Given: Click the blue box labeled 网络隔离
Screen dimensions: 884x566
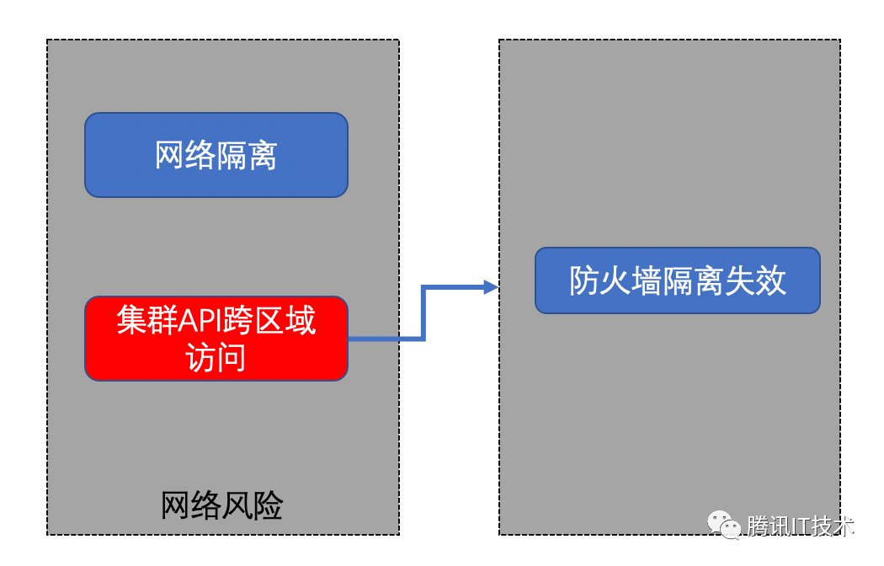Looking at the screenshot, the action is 216,155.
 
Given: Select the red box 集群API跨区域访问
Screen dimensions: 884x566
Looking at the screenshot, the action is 216,339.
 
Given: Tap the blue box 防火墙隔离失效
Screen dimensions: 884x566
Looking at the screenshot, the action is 677,280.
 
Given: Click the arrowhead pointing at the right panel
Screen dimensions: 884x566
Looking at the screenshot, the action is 491,287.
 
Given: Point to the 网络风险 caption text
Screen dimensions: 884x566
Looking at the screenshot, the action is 221,505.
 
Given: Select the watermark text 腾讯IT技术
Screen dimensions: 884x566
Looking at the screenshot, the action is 800,526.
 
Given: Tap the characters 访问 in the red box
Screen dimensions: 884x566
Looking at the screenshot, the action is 216,357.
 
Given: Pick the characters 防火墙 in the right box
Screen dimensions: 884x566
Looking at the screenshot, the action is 615,280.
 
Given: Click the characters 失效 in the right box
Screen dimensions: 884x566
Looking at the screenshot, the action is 755,280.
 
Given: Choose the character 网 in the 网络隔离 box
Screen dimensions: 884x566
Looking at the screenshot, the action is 169,155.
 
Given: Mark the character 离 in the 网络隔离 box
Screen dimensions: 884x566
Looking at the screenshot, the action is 262,155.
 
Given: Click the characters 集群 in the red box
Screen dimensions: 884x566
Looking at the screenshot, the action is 147,320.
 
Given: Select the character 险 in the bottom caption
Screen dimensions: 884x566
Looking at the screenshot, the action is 268,505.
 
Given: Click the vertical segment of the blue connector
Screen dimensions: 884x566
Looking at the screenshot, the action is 423,312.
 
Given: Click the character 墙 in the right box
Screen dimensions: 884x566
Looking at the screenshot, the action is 646,280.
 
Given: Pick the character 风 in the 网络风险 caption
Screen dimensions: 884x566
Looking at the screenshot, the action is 237,505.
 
